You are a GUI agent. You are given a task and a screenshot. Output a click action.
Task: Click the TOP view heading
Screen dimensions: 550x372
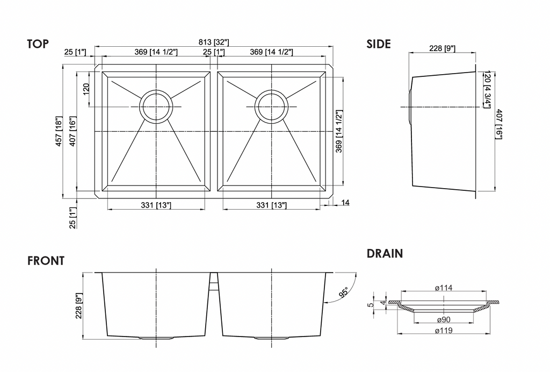(x=38, y=44)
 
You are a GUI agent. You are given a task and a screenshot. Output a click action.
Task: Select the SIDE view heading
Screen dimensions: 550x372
(x=379, y=44)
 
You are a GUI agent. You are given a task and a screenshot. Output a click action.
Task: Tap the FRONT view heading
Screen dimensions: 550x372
(x=46, y=261)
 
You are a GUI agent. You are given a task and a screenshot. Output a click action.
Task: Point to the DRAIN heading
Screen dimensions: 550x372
(x=385, y=253)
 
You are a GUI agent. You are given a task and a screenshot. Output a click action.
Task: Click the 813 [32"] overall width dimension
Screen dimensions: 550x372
(x=214, y=42)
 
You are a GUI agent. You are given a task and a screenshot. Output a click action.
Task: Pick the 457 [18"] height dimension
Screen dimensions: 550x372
(x=59, y=132)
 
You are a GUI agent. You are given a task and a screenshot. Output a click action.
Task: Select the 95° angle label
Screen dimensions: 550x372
(x=344, y=292)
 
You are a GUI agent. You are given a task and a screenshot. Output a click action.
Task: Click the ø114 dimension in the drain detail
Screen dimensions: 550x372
(x=444, y=288)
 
